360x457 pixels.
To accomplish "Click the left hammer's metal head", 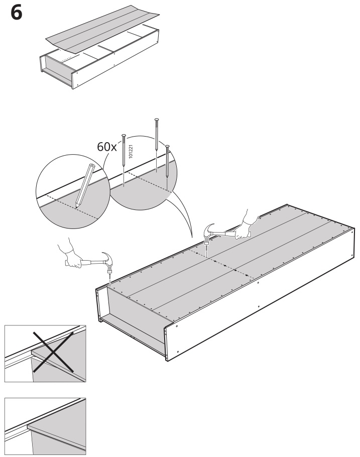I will (x=106, y=260).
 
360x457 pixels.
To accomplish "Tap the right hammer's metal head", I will (x=210, y=232).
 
